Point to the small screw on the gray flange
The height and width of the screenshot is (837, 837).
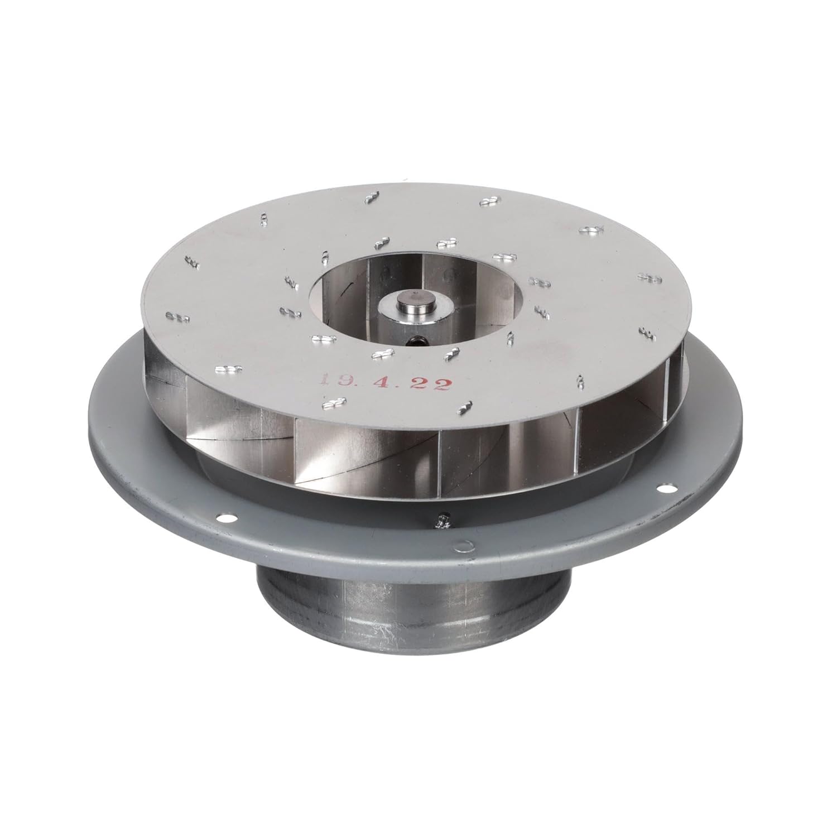(x=445, y=522)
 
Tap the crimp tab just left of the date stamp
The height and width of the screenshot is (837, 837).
(x=230, y=369)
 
